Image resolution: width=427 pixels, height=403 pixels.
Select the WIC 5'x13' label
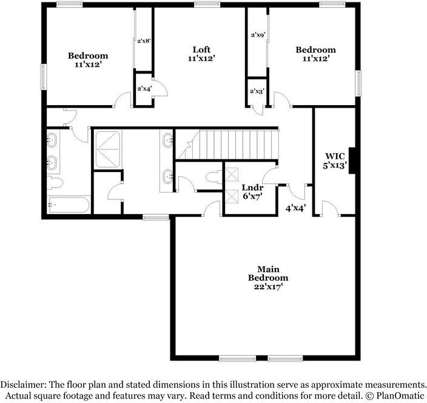click(335, 160)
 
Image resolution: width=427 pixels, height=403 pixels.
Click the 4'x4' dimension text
click(295, 208)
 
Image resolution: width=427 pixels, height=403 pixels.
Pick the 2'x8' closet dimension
click(144, 41)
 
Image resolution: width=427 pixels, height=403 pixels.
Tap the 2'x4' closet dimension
click(144, 89)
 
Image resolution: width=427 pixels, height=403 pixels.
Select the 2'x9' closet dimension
click(258, 35)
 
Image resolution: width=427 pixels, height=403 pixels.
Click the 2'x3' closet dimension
click(257, 91)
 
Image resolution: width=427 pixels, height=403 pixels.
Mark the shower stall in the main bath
click(108, 149)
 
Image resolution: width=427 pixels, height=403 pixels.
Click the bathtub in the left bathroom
click(69, 205)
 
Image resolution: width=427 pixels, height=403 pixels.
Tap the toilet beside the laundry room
click(212, 177)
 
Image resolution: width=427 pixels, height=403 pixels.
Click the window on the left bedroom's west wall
click(44, 77)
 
